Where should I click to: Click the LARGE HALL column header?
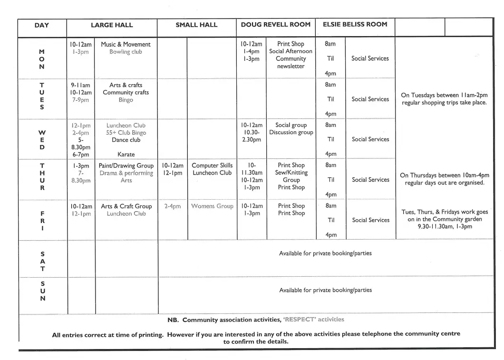[x=112, y=25]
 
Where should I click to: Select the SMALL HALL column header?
[x=196, y=25]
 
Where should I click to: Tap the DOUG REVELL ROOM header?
[x=275, y=24]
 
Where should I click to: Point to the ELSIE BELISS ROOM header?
[x=355, y=24]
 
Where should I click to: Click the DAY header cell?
[x=42, y=25]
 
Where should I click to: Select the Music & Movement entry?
[x=126, y=44]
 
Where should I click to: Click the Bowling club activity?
[x=126, y=52]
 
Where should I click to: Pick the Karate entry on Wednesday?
[x=126, y=154]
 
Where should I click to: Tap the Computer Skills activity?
[x=212, y=165]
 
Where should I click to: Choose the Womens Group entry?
[x=212, y=206]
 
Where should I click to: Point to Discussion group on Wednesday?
[x=291, y=132]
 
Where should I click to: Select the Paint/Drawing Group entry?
[x=126, y=165]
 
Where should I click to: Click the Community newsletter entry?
[x=291, y=62]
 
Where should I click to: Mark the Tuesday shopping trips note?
[x=444, y=99]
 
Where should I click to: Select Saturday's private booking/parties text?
[x=325, y=253]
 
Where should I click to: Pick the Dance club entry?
[x=126, y=140]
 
